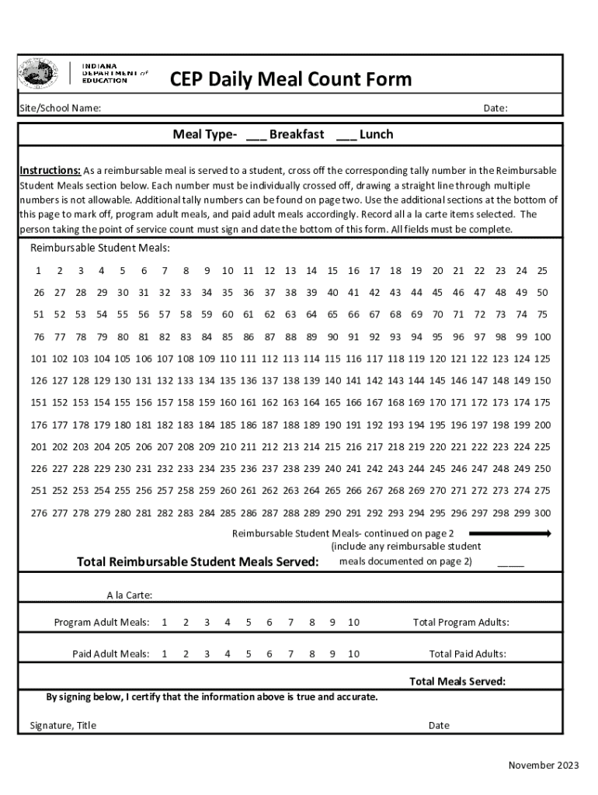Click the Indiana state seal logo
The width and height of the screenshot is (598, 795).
(x=37, y=74)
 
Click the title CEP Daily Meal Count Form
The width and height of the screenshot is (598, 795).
(x=290, y=79)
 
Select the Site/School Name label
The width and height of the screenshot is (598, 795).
(x=60, y=109)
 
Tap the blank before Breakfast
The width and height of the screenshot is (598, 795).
(x=256, y=135)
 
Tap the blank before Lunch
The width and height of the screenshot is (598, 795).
(x=346, y=135)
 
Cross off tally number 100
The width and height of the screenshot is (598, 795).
(x=542, y=337)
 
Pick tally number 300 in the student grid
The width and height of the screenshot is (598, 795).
(x=542, y=513)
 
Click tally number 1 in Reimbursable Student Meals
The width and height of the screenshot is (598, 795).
(x=38, y=271)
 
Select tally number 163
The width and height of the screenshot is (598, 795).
(x=290, y=403)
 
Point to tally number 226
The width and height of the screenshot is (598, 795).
(x=38, y=469)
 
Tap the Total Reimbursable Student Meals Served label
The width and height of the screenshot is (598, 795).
(x=197, y=562)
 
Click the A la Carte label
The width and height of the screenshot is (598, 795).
(x=129, y=595)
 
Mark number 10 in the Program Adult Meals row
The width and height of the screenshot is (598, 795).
(x=353, y=623)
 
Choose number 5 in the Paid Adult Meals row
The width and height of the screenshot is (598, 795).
(x=249, y=654)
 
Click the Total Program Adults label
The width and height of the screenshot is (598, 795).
(x=461, y=623)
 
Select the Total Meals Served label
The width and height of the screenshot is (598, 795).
(x=457, y=682)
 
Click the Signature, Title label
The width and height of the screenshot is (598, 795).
(x=63, y=725)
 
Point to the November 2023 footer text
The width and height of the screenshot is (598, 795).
(x=543, y=765)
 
